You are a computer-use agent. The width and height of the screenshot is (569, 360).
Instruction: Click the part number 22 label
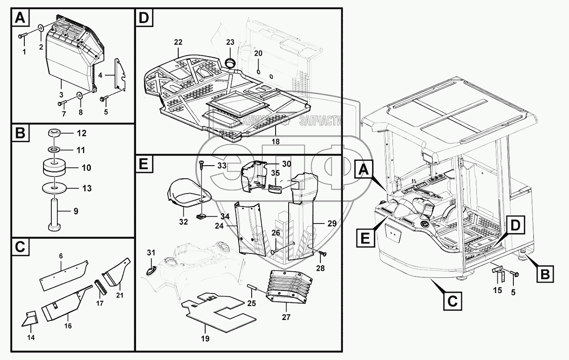178,42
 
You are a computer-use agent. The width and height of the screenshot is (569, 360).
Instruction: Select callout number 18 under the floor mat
276,142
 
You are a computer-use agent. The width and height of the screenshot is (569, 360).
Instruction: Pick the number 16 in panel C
68,325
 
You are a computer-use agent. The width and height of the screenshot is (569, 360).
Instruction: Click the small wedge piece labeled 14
30,320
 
